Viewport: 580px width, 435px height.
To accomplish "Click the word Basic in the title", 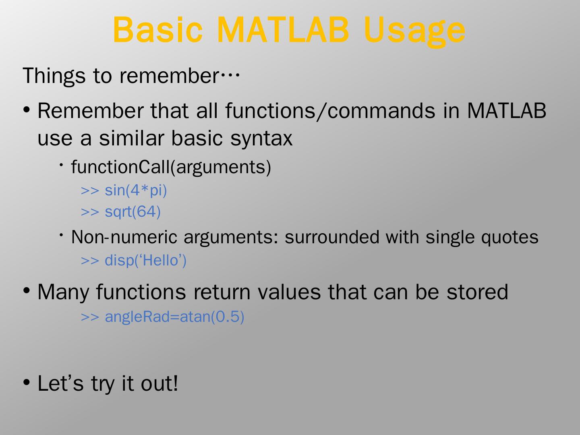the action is (158, 29).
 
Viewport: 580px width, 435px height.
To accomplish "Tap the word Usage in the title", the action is (414, 32).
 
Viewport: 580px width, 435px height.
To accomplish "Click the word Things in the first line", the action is (54, 76).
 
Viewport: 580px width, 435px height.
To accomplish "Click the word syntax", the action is (261, 139).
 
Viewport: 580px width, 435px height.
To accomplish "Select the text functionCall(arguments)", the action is (171, 168).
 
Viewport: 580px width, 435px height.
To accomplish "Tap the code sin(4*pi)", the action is (136, 191).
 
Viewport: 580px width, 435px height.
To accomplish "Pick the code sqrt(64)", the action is (133, 212).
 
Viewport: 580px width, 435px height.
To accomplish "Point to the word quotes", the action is (510, 238).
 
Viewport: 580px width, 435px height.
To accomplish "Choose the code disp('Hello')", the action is (145, 261).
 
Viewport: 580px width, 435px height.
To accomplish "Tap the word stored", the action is (477, 292).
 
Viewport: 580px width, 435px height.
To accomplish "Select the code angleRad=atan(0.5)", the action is (174, 317).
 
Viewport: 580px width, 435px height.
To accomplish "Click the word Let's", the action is (60, 383).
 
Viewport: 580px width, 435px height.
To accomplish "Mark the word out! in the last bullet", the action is (159, 383).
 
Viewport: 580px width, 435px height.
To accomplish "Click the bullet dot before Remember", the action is (27, 110).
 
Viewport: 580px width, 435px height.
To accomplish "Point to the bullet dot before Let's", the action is (27, 382).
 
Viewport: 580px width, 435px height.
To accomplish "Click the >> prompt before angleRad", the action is (90, 317).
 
